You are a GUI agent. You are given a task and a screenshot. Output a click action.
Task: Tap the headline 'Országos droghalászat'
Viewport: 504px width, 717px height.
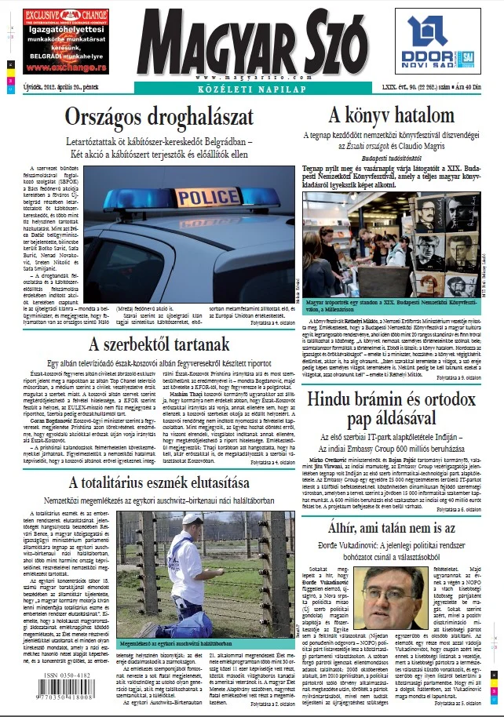click(159, 118)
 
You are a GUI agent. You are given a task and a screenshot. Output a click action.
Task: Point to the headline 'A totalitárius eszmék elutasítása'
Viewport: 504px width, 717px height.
click(159, 480)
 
